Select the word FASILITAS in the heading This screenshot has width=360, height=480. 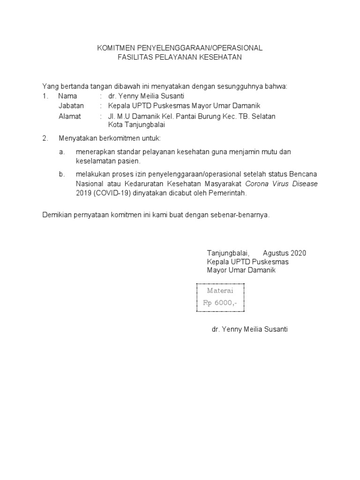tap(135, 57)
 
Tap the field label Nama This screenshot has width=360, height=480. tap(67, 96)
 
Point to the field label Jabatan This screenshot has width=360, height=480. tap(71, 106)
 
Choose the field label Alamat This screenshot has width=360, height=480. tap(70, 116)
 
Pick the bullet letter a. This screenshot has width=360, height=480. tap(61, 152)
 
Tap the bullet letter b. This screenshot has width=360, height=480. tap(61, 174)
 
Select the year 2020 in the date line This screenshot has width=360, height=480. tap(299, 253)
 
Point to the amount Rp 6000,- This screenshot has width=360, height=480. tap(220, 303)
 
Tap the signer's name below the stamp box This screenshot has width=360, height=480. tap(250, 330)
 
